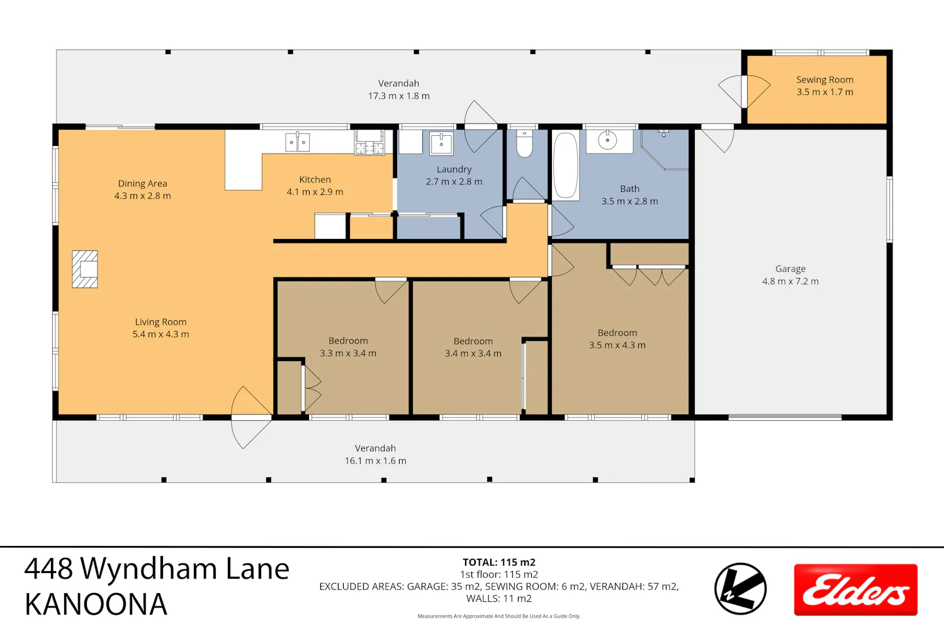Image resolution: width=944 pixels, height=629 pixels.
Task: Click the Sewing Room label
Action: (x=824, y=80)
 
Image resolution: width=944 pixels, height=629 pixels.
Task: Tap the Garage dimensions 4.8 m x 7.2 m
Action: (x=790, y=281)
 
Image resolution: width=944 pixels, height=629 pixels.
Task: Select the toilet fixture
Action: (x=524, y=143)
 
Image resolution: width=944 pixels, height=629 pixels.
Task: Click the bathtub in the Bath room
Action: (x=565, y=165)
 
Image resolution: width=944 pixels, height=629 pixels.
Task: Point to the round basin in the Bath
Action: (x=607, y=140)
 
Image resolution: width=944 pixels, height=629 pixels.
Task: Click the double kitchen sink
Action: (x=298, y=142)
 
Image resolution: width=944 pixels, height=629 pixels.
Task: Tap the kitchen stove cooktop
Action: (x=369, y=143)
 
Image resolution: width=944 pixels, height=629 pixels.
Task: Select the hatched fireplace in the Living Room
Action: (x=85, y=269)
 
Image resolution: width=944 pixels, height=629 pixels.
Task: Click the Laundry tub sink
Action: (x=441, y=143)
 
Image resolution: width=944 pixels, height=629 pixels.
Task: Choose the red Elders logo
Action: (x=855, y=590)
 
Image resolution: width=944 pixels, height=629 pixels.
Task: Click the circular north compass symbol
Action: (x=741, y=589)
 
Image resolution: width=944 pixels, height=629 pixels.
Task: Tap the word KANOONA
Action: (x=96, y=604)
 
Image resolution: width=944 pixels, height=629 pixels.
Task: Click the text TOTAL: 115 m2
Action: (x=499, y=562)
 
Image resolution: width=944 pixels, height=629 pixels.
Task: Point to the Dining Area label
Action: (x=142, y=184)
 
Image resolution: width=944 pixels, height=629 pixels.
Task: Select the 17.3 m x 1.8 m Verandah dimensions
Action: (x=398, y=96)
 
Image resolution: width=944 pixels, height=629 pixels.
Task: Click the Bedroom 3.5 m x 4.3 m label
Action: (x=617, y=339)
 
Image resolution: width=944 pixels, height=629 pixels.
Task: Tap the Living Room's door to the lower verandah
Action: (x=251, y=418)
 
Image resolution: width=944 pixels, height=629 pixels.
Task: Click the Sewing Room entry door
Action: (x=745, y=91)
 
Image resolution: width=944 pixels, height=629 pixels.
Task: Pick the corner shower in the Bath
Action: (x=665, y=150)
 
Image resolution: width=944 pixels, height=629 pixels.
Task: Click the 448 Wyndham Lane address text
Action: (x=157, y=569)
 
